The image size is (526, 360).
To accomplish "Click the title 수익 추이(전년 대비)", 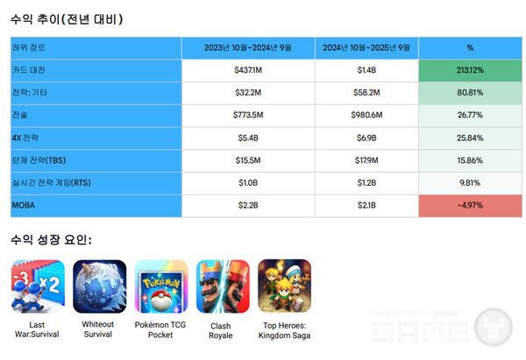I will (67, 18).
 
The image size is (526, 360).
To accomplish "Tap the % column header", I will (469, 47).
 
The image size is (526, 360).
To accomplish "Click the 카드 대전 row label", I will (28, 69).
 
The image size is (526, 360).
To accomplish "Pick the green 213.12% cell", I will (469, 69).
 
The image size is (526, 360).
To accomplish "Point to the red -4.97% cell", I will (469, 207).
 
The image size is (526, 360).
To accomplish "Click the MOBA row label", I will (25, 207).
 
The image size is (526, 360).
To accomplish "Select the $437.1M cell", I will (248, 69).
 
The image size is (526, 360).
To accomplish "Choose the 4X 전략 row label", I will (27, 138).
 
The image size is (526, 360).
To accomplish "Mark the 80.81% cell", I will (469, 92).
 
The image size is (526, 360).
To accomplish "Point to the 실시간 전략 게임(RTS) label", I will (52, 184).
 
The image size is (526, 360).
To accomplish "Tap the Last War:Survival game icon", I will (36, 286).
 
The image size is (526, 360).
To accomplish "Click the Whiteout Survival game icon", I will (98, 286).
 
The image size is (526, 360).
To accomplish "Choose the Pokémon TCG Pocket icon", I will (160, 286).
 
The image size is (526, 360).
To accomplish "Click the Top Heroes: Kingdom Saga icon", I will (284, 286).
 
